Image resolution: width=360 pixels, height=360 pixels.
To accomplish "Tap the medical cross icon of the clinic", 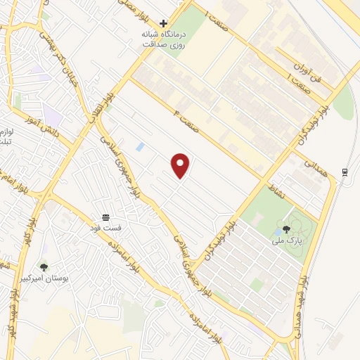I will click(x=164, y=24).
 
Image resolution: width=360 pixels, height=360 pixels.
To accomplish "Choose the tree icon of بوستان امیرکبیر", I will click(x=44, y=267).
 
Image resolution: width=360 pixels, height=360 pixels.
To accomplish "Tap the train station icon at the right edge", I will click(x=345, y=172).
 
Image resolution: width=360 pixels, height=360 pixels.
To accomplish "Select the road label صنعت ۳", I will click(x=189, y=113).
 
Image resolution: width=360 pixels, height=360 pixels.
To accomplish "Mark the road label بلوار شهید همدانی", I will click(x=300, y=289).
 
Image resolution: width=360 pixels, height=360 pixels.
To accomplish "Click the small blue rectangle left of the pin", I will click(x=141, y=147).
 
